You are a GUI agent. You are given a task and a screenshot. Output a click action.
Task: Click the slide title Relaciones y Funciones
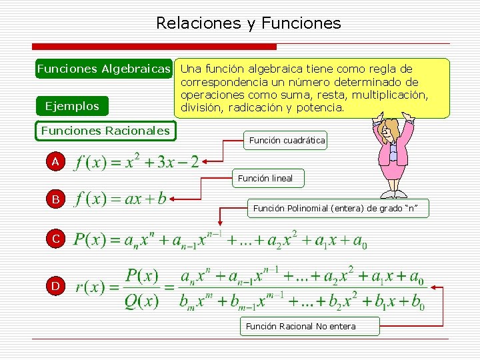coord(248,24)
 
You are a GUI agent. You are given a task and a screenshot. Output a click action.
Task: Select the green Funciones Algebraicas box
coord(104,69)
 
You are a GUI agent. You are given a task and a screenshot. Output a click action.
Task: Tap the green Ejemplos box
coord(71,106)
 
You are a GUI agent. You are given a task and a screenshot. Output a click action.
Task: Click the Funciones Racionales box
coord(105,131)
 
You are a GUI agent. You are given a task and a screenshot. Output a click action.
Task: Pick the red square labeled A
coord(56,161)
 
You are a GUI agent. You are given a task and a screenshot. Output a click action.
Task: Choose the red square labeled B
coord(56,199)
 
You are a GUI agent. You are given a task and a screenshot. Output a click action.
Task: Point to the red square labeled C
coord(56,238)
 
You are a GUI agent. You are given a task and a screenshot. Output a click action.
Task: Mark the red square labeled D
coord(56,286)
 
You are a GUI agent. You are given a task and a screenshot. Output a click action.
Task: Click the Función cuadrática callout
coord(287,140)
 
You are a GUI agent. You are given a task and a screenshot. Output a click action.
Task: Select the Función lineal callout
coord(265,178)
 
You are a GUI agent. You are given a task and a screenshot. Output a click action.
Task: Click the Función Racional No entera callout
coord(301,326)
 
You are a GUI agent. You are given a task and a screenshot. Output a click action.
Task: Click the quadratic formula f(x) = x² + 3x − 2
coord(137,162)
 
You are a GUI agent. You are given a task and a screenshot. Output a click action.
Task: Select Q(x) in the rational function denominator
coord(141,301)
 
